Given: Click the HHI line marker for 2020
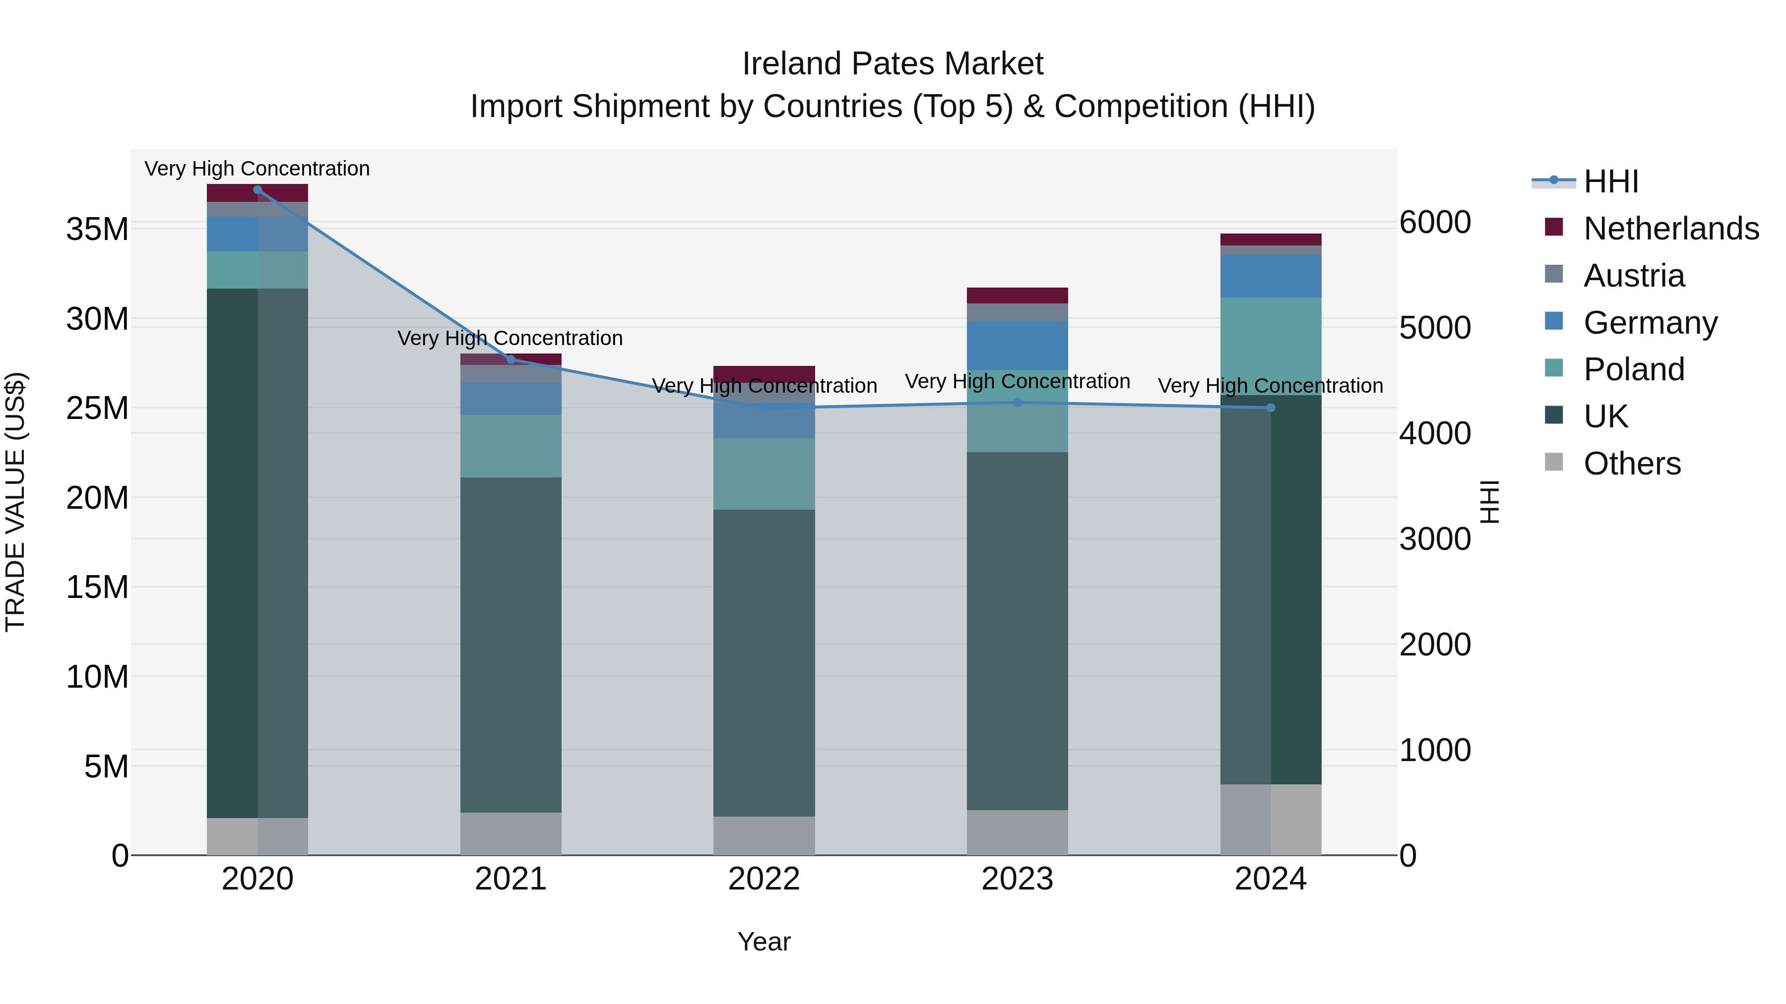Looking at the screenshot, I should pyautogui.click(x=257, y=189).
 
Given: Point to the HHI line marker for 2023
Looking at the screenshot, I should pyautogui.click(x=1017, y=403).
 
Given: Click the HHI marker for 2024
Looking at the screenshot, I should pyautogui.click(x=1270, y=408).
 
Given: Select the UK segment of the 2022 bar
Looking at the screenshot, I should pyautogui.click(x=764, y=662).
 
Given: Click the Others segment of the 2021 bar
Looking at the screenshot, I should pyautogui.click(x=511, y=833).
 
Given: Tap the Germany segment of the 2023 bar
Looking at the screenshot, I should pyautogui.click(x=1017, y=345).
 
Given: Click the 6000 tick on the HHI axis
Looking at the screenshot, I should pyautogui.click(x=1434, y=223).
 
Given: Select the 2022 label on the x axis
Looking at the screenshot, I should pyautogui.click(x=764, y=879).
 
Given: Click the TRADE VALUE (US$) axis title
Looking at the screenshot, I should pyautogui.click(x=15, y=502).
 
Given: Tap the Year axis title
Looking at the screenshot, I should pyautogui.click(x=764, y=942).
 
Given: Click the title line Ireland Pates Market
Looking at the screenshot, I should pyautogui.click(x=893, y=64).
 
